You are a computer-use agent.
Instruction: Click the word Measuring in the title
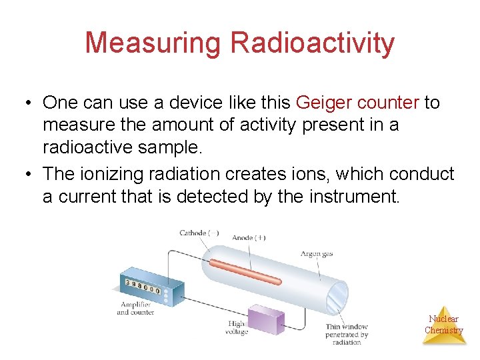tap(153, 43)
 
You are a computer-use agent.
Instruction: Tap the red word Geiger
tap(323, 103)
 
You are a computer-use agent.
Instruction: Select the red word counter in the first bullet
tap(388, 103)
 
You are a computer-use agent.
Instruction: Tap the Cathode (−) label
tap(199, 233)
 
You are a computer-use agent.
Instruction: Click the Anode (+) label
tap(249, 237)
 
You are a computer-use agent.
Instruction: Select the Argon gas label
tap(316, 254)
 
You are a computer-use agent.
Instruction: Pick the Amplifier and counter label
tap(135, 308)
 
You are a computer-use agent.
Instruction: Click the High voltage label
tap(237, 327)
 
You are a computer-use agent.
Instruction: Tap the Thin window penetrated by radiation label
tap(347, 334)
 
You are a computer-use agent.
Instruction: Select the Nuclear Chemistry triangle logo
tap(443, 324)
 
